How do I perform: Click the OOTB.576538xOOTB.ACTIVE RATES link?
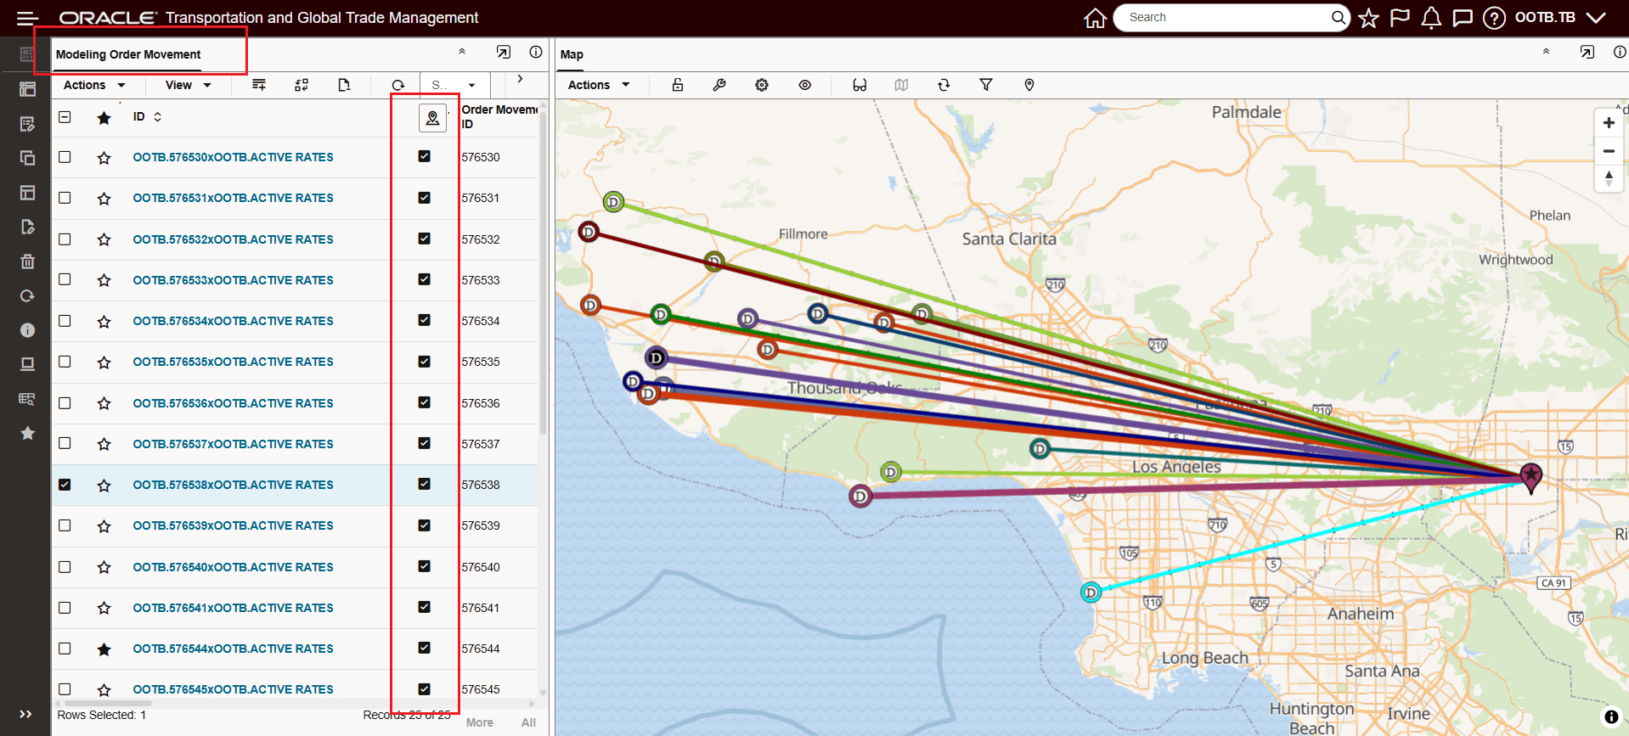click(233, 485)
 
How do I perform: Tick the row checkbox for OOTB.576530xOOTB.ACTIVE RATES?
click(65, 157)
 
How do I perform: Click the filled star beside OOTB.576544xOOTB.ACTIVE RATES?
click(104, 649)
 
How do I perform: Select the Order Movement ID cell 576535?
click(481, 362)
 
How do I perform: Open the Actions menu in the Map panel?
click(598, 85)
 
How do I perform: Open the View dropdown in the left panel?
click(188, 85)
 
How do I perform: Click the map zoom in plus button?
click(1609, 123)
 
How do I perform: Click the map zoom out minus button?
click(1609, 151)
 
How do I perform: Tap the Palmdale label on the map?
click(1246, 112)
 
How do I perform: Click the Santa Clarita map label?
click(1009, 239)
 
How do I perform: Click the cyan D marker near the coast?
click(1091, 592)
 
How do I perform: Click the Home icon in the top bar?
click(1095, 18)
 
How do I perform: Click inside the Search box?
click(1223, 18)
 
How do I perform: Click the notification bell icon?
click(1431, 18)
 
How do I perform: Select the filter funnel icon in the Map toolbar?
click(986, 85)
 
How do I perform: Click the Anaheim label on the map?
click(1361, 614)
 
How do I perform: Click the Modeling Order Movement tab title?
click(128, 54)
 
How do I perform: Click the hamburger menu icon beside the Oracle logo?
click(27, 18)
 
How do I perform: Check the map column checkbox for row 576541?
click(425, 607)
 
